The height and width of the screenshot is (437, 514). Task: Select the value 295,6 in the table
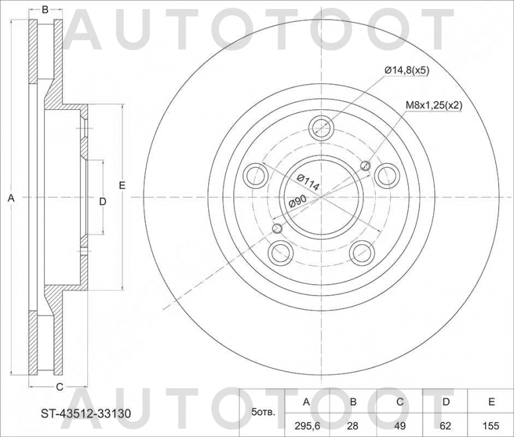[x=306, y=424]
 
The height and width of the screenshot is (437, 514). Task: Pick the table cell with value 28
[x=353, y=424]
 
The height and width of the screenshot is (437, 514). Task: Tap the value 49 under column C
[x=399, y=424]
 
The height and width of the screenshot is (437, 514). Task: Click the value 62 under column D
[x=445, y=424]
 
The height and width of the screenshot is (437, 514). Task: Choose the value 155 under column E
[x=491, y=424]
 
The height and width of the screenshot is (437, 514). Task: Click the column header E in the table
[x=491, y=402]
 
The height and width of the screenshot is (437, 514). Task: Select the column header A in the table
[x=306, y=402]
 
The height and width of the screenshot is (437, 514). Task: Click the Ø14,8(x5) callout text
[x=407, y=70]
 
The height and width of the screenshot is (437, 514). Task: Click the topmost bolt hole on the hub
[x=321, y=127]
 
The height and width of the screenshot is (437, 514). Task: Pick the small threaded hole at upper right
[x=366, y=166]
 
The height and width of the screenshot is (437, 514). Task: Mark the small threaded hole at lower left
[x=278, y=228]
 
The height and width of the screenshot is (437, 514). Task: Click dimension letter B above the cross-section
[x=45, y=10]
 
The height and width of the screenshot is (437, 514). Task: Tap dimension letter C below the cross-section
[x=59, y=386]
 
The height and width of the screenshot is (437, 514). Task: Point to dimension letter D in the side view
[x=102, y=201]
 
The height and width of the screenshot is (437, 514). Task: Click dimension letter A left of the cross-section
[x=10, y=200]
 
